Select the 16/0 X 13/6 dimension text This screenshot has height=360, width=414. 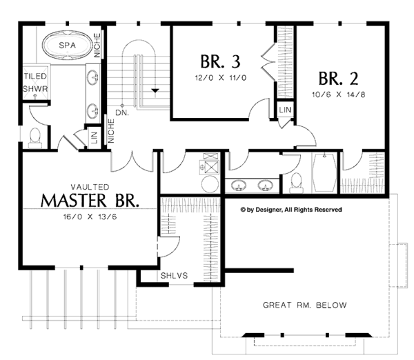point(90,216)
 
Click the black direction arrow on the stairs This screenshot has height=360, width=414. point(156,90)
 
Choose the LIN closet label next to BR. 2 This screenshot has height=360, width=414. point(285,111)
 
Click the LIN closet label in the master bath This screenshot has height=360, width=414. point(94,137)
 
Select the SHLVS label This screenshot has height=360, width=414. point(172,275)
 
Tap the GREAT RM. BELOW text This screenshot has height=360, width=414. point(304,305)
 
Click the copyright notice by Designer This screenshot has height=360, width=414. point(290,209)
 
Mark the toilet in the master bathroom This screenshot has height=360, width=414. point(36,136)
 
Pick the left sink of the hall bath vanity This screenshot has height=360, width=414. point(239,185)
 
